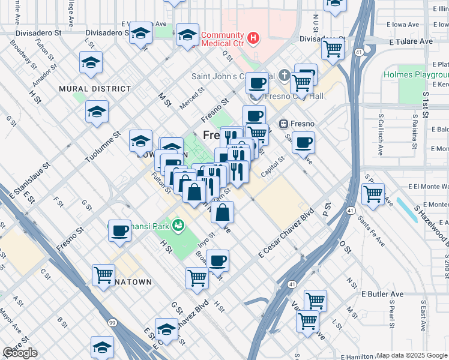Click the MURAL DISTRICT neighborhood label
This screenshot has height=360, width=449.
[95, 89]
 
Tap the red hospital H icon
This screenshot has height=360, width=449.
[253, 38]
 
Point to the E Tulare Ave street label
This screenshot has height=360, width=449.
[411, 41]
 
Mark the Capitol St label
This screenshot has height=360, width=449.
[272, 168]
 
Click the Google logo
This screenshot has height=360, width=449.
[20, 353]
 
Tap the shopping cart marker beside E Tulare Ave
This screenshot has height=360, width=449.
[332, 47]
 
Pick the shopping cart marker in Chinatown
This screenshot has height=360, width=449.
[103, 275]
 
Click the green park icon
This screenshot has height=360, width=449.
[178, 226]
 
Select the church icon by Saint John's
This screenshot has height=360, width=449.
[284, 76]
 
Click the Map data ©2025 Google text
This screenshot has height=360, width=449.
[412, 355]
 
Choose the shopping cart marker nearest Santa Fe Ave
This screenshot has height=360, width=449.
[373, 193]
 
